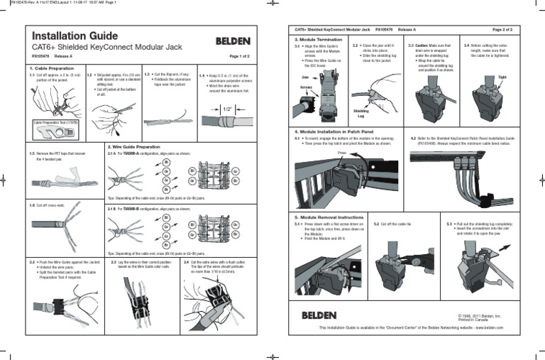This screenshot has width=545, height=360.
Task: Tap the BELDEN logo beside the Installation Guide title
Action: (232, 40)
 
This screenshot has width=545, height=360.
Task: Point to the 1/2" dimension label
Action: (227, 109)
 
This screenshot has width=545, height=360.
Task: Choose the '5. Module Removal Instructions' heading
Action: (330, 216)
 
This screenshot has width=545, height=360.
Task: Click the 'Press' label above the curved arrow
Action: (341, 152)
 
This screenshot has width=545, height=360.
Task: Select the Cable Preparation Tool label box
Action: (55, 123)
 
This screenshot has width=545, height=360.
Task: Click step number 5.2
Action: (377, 223)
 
